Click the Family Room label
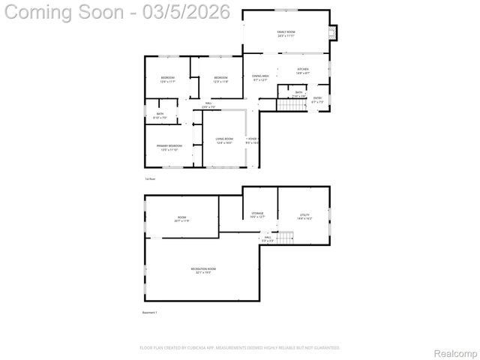coord(286,33)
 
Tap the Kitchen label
coord(303,70)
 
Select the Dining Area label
coord(260,77)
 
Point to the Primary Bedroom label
coord(169,147)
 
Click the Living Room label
coord(224,140)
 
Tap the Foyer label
coord(252,139)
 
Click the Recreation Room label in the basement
coord(203,270)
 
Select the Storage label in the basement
coord(257,215)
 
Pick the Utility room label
coord(304,216)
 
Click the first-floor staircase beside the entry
coord(292,104)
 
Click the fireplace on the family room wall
coord(334,32)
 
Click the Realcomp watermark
coord(455,352)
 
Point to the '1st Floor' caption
coord(150,178)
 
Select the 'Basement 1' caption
coord(150,312)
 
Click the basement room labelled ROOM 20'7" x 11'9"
coord(181,219)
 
